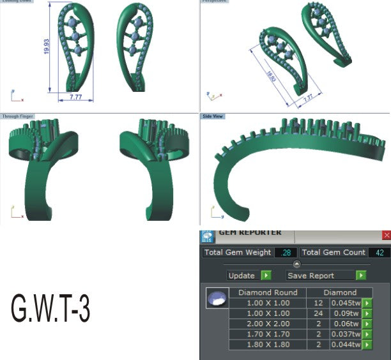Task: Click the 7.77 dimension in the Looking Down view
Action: point(75,97)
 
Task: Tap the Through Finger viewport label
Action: point(18,117)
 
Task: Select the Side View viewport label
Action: point(212,117)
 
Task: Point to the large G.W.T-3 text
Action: point(50,308)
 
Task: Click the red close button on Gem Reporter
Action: point(386,235)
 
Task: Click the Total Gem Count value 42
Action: point(378,253)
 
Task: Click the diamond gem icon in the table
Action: point(217,298)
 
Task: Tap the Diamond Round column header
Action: point(268,292)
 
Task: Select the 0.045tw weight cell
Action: point(345,303)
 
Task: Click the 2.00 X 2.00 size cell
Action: point(268,324)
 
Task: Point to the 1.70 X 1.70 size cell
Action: point(268,334)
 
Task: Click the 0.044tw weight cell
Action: point(345,345)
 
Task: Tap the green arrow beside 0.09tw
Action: point(367,313)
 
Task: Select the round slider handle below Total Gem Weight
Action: point(296,264)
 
